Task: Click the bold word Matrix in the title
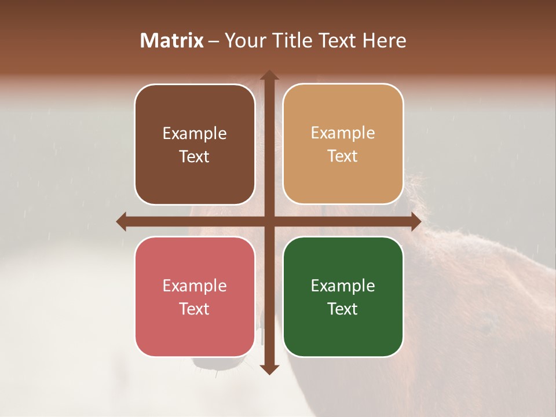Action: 172,41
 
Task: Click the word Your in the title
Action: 243,41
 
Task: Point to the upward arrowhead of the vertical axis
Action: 269,75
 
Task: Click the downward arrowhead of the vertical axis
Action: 269,369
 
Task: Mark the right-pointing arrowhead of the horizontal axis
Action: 415,221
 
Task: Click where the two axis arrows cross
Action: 269,221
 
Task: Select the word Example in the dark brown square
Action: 195,134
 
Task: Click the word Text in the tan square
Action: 343,156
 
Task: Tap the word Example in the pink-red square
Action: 195,286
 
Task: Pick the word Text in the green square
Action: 343,309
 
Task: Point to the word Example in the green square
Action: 343,286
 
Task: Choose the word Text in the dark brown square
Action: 195,157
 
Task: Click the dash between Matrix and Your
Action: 214,41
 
